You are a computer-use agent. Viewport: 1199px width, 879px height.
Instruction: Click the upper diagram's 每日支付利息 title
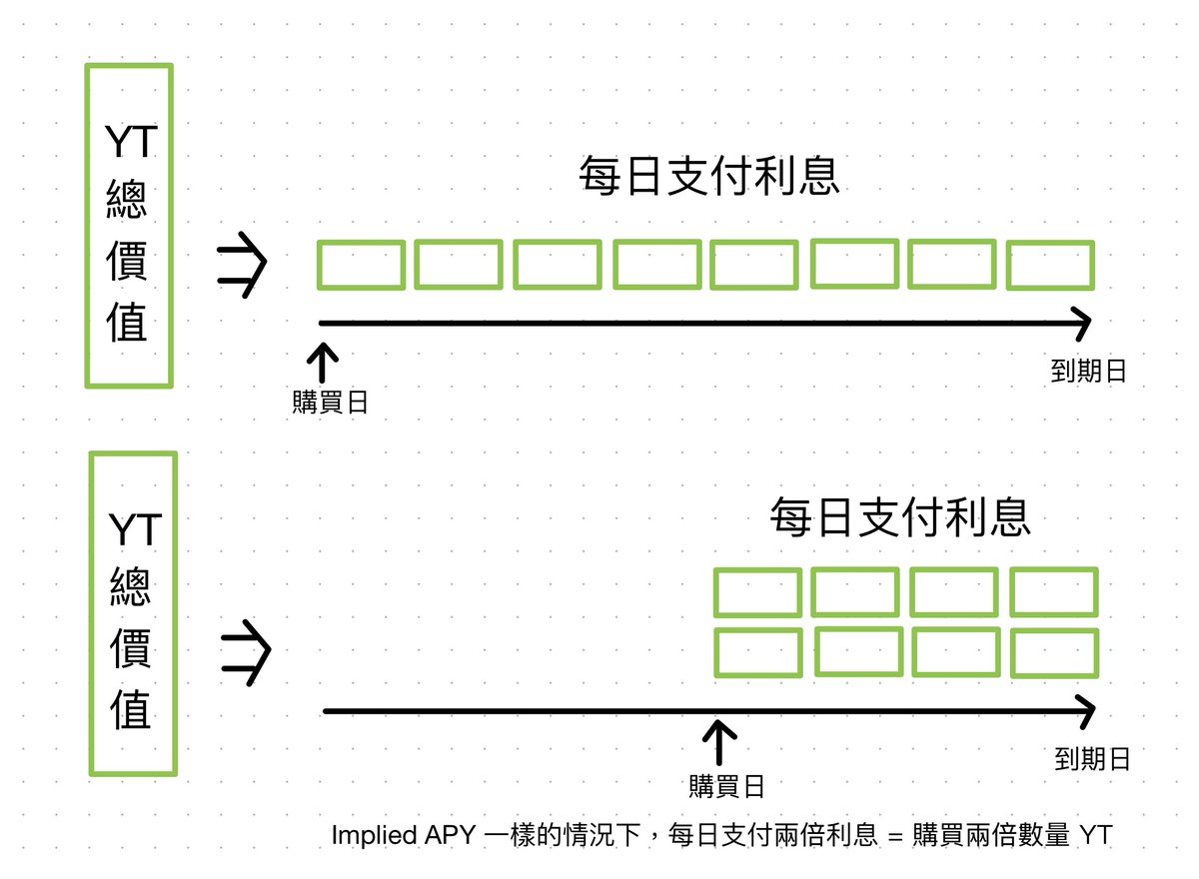[x=708, y=177]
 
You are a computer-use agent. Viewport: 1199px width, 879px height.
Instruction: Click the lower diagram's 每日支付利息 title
[x=899, y=518]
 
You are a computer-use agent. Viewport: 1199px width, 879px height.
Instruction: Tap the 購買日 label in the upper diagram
[x=330, y=403]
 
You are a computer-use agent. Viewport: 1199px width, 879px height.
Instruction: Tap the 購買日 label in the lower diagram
[x=726, y=786]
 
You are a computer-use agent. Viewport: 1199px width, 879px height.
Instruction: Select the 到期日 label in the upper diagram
[x=1088, y=372]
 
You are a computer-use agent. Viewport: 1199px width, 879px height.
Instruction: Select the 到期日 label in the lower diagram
[x=1092, y=759]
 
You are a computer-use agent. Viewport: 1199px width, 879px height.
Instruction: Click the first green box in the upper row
[x=361, y=265]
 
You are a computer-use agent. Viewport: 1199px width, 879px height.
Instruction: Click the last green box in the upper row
[x=1050, y=265]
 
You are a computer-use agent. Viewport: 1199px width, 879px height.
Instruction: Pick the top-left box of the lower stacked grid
[x=757, y=592]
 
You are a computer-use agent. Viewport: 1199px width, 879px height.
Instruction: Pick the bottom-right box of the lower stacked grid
[x=1054, y=653]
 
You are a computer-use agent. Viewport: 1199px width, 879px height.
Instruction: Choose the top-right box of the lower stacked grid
[x=1054, y=592]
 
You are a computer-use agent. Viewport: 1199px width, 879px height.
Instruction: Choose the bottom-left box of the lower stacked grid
[x=757, y=653]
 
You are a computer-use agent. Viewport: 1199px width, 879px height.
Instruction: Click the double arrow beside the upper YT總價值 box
[x=242, y=265]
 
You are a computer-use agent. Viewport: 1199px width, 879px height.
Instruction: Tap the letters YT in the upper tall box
[x=131, y=143]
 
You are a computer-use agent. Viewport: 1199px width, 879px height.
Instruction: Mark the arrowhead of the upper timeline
[x=1081, y=323]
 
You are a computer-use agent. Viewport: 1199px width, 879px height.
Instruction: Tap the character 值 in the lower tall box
[x=131, y=711]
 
